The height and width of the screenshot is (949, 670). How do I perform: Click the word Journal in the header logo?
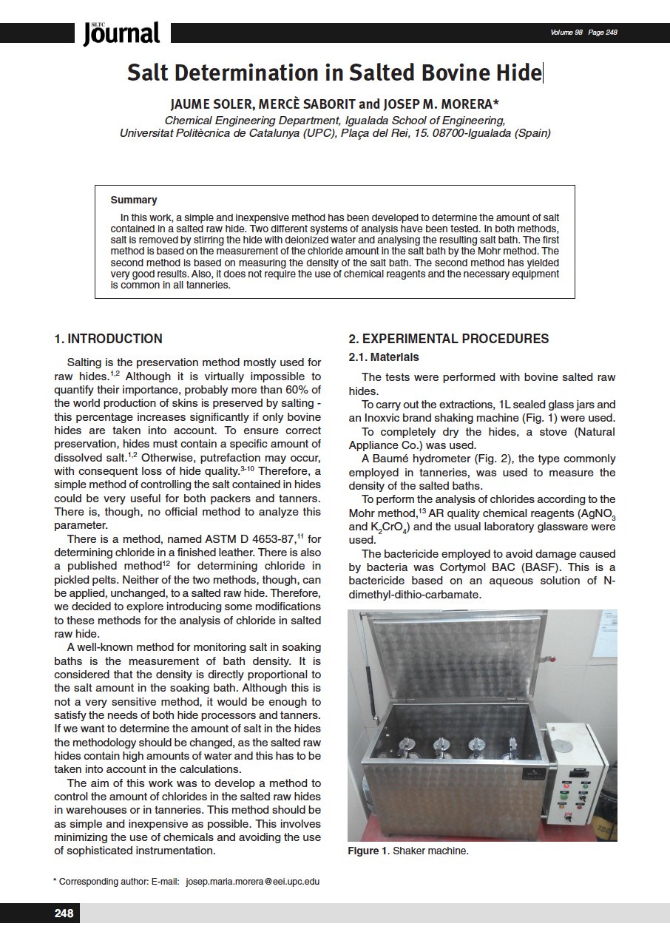point(122,33)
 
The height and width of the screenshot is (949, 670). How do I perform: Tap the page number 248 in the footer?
point(64,913)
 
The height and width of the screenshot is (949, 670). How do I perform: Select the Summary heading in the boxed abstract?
point(134,200)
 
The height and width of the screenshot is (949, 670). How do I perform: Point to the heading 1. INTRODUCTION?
point(109,339)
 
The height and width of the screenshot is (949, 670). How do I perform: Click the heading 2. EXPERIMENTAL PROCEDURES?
point(449,339)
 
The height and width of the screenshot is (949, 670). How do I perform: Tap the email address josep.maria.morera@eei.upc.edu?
point(253,882)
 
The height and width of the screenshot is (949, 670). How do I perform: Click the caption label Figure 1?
point(368,851)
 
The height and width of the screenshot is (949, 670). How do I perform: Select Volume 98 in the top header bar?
point(566,33)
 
